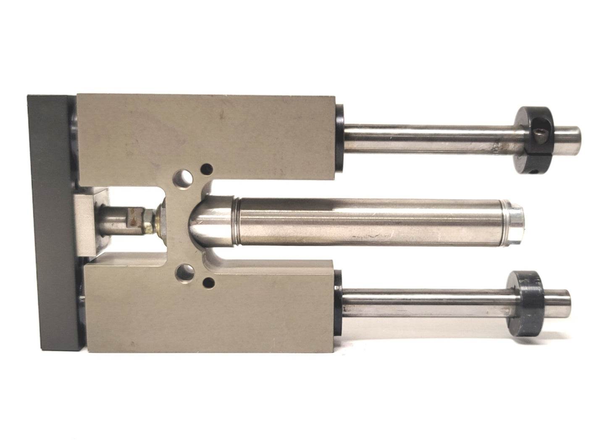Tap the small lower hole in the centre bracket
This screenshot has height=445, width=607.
[x=207, y=282]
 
